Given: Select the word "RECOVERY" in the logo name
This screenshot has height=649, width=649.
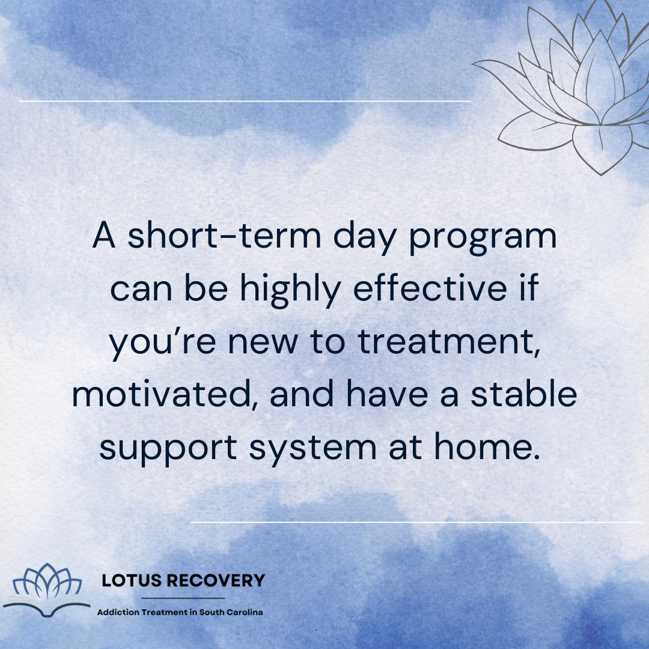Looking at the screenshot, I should pos(215,580).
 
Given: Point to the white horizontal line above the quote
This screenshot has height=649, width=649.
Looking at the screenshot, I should pos(245,102).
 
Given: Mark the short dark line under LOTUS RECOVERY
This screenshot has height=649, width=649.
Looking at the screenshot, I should pos(183,598).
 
